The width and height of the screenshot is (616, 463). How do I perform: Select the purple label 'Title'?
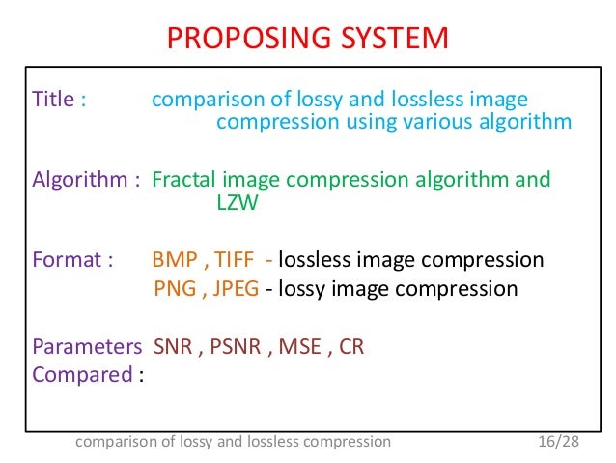coord(51,100)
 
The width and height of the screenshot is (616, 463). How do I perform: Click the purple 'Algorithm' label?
coord(74,180)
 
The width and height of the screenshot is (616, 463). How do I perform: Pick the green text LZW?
coord(230,203)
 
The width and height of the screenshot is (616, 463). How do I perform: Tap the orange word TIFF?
coord(236,260)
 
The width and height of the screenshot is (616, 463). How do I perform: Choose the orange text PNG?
coord(175,288)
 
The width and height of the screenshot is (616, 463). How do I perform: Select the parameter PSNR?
coord(232,346)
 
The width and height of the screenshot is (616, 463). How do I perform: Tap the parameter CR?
coord(351,346)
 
